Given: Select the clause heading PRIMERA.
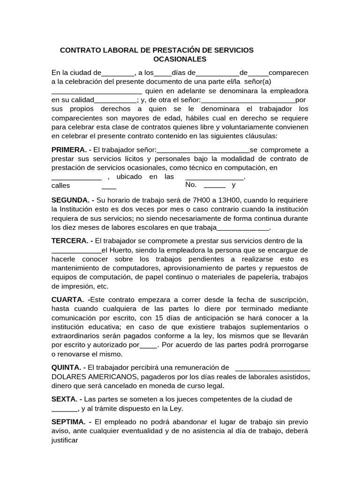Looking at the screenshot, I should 69,150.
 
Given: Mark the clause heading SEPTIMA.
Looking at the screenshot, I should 68,421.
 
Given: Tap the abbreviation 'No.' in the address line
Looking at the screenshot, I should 191,185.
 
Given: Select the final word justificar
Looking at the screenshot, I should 65,440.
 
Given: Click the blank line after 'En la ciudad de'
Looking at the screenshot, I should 118,73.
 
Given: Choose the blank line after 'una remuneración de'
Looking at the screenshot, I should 272,367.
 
